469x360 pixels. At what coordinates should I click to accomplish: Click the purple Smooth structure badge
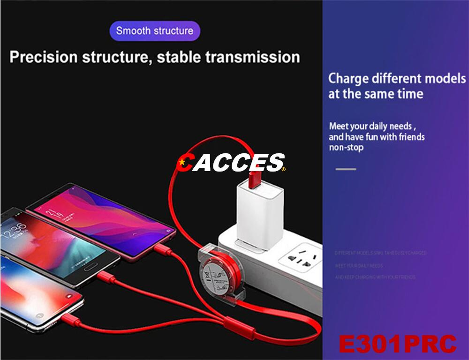coord(155,31)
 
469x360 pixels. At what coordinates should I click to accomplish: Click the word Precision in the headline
coord(43,57)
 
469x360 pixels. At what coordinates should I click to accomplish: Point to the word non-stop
coord(346,147)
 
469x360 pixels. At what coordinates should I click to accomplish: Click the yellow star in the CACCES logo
coord(181,163)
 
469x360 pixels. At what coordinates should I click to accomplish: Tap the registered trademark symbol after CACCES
coord(283,169)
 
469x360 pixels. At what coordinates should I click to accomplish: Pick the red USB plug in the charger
coord(255,179)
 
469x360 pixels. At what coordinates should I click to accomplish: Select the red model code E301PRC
coord(397,344)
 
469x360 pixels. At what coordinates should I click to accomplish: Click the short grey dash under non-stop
coord(346,169)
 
